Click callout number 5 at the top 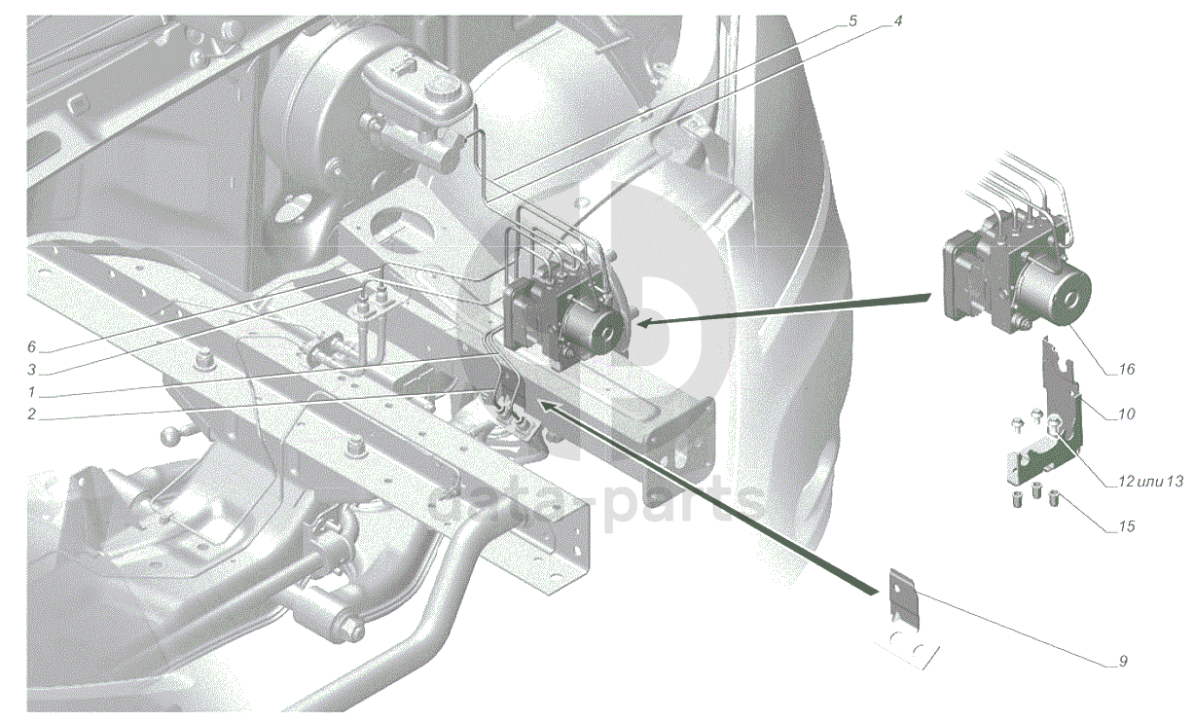pyautogui.click(x=852, y=21)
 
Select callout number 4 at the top pyautogui.click(x=898, y=21)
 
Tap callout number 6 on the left pyautogui.click(x=31, y=347)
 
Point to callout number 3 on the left pyautogui.click(x=31, y=370)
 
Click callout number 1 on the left pyautogui.click(x=31, y=392)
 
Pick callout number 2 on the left pyautogui.click(x=31, y=415)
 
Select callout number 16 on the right pyautogui.click(x=1126, y=369)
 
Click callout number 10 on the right pyautogui.click(x=1126, y=414)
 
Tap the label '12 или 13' pyautogui.click(x=1150, y=482)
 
